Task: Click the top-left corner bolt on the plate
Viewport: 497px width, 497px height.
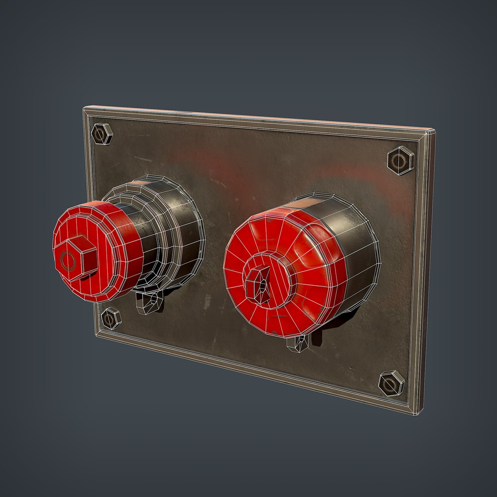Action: [102, 134]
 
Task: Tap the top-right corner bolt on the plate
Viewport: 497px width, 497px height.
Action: [400, 161]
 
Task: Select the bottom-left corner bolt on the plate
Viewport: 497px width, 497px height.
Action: [110, 318]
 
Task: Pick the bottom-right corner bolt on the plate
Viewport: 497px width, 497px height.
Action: [392, 383]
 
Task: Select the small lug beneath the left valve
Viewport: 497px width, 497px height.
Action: [150, 303]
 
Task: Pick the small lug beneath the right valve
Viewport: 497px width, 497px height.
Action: [297, 343]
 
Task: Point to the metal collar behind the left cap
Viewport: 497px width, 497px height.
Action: [179, 230]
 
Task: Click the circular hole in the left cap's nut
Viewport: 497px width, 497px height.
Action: [69, 261]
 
